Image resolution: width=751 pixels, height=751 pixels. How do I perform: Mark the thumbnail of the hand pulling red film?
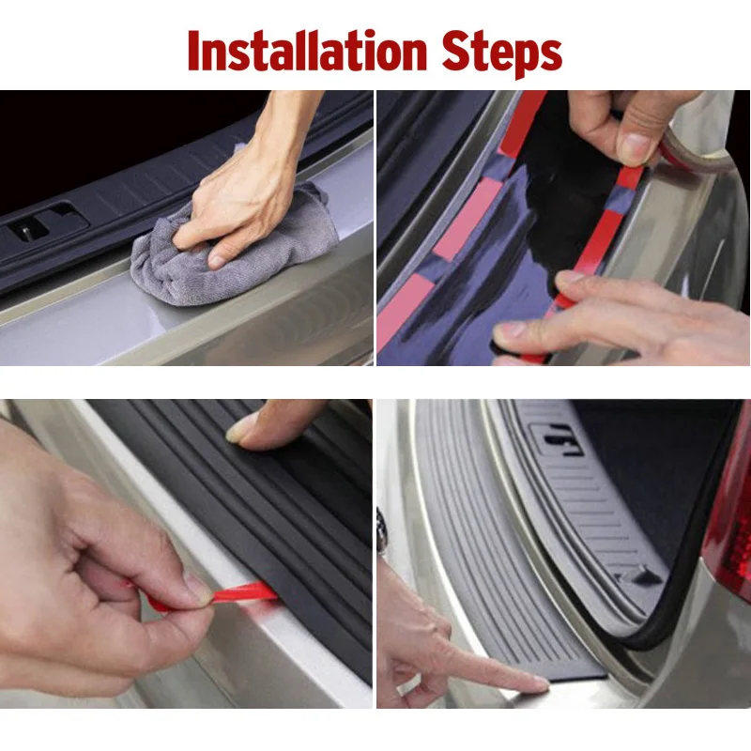tap(197, 589)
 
